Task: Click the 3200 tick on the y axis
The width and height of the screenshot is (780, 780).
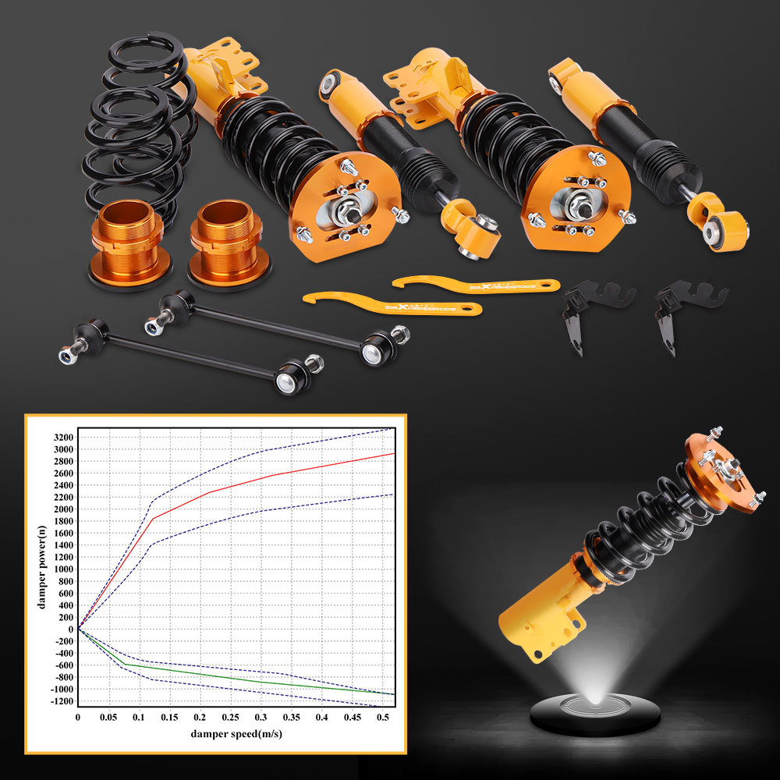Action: pos(63,437)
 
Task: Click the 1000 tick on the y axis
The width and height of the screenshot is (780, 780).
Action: pos(63,569)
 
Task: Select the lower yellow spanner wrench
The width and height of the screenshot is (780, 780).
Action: pos(390,303)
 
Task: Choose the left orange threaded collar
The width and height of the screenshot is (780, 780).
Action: pos(129,242)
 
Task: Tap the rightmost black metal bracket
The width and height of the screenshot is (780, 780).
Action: pos(676,312)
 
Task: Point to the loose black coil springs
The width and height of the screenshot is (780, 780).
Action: pos(136,125)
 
